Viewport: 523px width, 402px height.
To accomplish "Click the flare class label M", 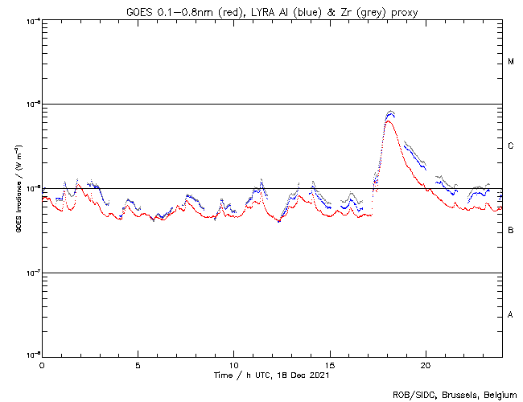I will pyautogui.click(x=511, y=62).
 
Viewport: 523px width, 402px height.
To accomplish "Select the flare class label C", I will pyautogui.click(x=511, y=146).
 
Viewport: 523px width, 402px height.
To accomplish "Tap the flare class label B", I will pyautogui.click(x=511, y=231).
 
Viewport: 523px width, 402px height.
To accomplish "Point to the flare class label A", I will pyautogui.click(x=511, y=315).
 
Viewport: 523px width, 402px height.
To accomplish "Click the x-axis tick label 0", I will pyautogui.click(x=42, y=364).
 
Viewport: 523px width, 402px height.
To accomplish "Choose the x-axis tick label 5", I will pyautogui.click(x=138, y=364).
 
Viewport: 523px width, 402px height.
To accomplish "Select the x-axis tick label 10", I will pyautogui.click(x=233, y=364).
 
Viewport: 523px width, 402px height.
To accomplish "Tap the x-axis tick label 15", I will pyautogui.click(x=329, y=364).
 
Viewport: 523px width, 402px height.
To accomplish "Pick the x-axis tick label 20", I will pyautogui.click(x=425, y=364).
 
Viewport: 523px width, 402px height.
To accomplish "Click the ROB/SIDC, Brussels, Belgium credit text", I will pyautogui.click(x=454, y=394).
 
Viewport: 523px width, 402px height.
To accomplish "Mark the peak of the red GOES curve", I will pyautogui.click(x=389, y=121).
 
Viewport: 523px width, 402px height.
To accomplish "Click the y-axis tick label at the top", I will pyautogui.click(x=31, y=20).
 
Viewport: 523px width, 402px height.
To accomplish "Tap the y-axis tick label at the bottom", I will pyautogui.click(x=31, y=355).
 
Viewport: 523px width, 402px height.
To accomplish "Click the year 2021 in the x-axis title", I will pyautogui.click(x=319, y=375).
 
